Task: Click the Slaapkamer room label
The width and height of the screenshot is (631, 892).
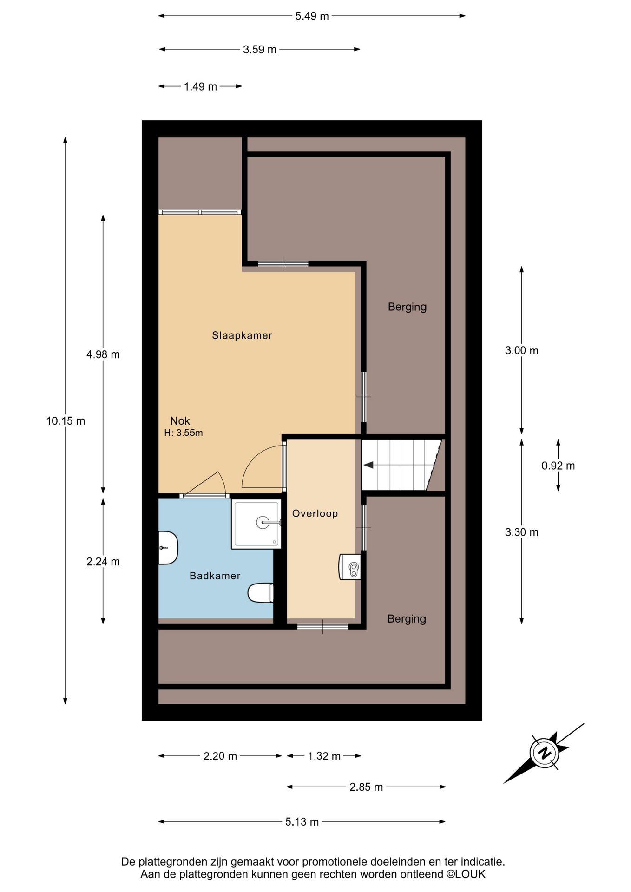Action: click(242, 335)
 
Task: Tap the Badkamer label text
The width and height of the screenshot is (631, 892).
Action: click(215, 576)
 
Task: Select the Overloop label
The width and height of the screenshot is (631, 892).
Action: click(315, 513)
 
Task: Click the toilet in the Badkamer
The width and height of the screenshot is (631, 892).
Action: click(261, 593)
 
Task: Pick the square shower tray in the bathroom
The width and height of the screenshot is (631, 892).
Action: click(256, 524)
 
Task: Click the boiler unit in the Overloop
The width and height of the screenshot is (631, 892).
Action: click(350, 567)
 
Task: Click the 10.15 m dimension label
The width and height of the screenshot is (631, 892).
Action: click(66, 421)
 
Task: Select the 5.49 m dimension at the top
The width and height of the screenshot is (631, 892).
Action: click(312, 16)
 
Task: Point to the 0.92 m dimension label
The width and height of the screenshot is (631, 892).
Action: click(558, 466)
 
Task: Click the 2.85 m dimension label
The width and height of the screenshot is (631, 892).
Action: click(366, 787)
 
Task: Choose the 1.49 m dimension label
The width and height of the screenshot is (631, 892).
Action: click(200, 87)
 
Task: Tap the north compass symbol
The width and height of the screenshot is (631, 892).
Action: click(544, 752)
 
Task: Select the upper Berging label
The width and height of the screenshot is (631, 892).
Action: click(407, 307)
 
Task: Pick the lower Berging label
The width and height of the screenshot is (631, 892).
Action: click(407, 619)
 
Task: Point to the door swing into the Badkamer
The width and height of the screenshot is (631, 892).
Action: click(207, 485)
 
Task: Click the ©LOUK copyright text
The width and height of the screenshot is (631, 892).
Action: click(466, 874)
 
